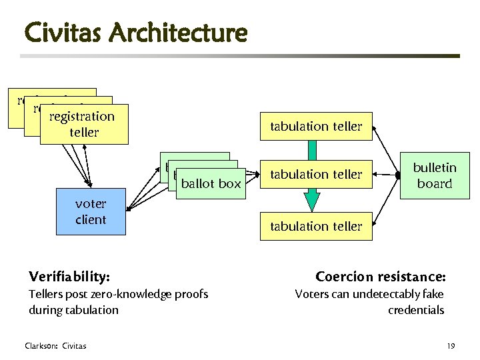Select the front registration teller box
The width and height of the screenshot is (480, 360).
[83, 124]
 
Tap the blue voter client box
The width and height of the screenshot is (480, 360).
[90, 212]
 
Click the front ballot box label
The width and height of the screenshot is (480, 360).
[211, 183]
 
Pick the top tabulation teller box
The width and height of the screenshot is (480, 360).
[316, 126]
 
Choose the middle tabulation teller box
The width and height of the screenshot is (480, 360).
[316, 175]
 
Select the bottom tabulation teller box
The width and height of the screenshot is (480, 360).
[316, 226]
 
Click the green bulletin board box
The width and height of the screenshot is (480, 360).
[434, 176]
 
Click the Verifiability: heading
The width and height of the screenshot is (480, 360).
[70, 276]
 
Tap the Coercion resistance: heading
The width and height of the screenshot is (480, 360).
[380, 276]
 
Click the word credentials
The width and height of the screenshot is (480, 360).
[415, 310]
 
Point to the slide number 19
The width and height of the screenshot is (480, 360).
[451, 345]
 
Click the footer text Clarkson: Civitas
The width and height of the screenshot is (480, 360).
[55, 345]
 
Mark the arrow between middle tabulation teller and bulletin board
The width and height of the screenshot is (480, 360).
[386, 175]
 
